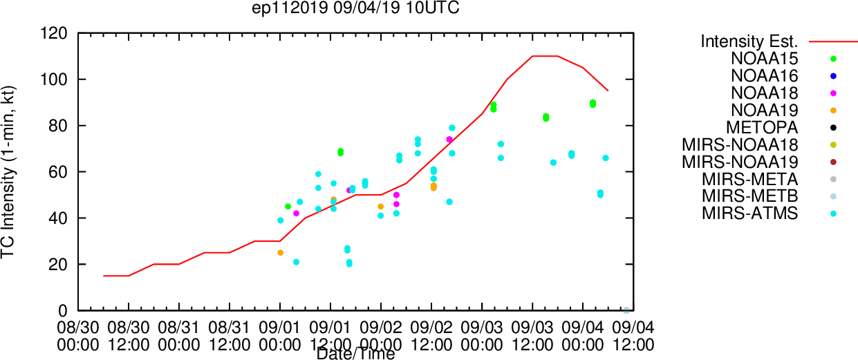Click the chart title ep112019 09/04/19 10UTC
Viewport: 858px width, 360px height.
(355, 8)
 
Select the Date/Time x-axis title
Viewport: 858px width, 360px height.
(355, 354)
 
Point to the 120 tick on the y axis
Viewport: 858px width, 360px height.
(54, 33)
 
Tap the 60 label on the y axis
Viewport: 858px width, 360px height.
(58, 172)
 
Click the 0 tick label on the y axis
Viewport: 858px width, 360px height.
(63, 311)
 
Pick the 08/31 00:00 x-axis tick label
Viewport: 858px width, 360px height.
(179, 337)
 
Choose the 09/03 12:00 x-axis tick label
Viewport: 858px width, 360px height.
(532, 337)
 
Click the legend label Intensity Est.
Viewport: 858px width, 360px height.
(749, 41)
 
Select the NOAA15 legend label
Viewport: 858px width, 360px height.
(764, 59)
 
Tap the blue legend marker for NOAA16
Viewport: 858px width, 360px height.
(833, 76)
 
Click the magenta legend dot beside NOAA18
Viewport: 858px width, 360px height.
(833, 93)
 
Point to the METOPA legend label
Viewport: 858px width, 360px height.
(762, 128)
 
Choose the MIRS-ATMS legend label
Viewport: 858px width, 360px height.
(749, 214)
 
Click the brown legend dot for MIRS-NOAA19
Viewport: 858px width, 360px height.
(833, 162)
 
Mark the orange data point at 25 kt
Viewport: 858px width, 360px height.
(281, 253)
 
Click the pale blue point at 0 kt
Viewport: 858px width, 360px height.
(626, 310)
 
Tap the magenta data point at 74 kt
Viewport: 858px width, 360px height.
(449, 140)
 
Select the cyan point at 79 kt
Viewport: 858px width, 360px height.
(452, 128)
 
